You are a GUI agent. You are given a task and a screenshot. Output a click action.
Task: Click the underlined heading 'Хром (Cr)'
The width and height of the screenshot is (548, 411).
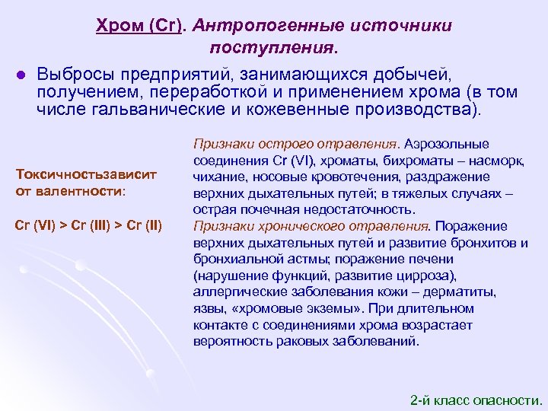(x=140, y=26)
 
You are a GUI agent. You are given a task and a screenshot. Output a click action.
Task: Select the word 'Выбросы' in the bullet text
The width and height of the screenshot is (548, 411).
(x=73, y=75)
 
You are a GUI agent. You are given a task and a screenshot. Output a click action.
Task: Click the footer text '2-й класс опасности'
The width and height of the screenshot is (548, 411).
(x=475, y=399)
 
